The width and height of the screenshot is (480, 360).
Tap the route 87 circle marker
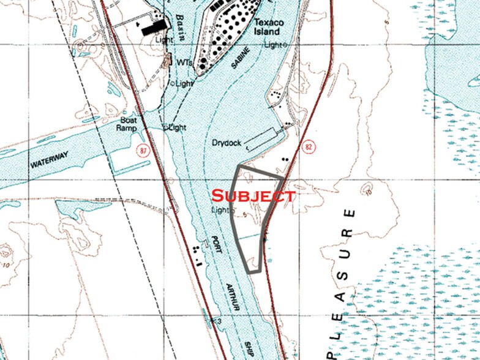pos(143,150)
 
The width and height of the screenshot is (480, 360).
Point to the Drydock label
pos(227,143)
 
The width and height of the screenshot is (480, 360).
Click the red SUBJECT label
pos(253,196)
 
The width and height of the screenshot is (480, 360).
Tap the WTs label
pos(185,62)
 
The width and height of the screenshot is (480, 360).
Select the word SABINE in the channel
pos(240,61)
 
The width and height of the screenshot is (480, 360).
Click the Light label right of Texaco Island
pos(274,45)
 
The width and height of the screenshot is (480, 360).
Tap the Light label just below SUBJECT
pos(219,210)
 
